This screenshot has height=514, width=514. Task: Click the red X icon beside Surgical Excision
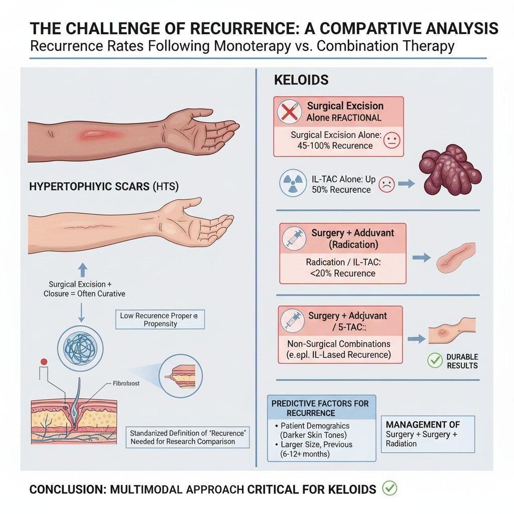(x=289, y=112)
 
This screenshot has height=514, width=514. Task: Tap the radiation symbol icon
(x=293, y=183)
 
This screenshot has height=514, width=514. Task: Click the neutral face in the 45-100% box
(x=392, y=140)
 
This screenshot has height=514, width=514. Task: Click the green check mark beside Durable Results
(x=435, y=360)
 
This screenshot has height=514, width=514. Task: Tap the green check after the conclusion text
(x=390, y=488)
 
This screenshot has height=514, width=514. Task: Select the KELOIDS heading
(x=301, y=80)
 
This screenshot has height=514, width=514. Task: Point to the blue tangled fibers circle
(x=80, y=348)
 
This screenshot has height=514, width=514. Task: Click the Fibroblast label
(x=126, y=383)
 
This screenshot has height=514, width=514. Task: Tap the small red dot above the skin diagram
(x=44, y=361)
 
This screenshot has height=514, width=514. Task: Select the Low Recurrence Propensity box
(x=160, y=319)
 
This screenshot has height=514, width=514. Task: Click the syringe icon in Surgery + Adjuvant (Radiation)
(x=294, y=238)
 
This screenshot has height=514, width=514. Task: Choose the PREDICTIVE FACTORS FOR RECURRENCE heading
(x=320, y=408)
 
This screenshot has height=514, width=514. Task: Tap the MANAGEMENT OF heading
(x=423, y=425)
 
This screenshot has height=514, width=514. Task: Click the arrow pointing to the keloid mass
(x=407, y=184)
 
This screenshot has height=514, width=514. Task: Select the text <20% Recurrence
(x=342, y=273)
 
